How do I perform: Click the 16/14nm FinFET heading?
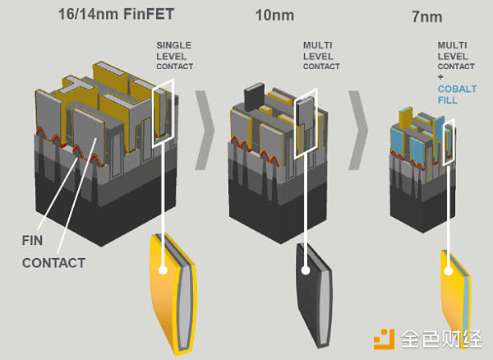pos(116,14)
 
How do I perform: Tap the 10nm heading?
pos(274,15)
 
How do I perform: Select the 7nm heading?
pos(427,16)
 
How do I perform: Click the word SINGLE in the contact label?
pos(174,45)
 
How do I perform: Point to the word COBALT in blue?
pos(457,89)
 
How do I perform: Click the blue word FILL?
pos(448,100)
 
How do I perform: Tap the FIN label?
pos(32,241)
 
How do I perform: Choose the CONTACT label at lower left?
pos(53,263)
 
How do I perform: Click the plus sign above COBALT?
pos(440,77)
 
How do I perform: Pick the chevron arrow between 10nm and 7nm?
pos(359,130)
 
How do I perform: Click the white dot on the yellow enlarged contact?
pos(163,270)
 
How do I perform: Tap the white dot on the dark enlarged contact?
pos(306,270)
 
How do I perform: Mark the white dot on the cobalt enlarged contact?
pos(449,270)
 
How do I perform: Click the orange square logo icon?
pos(384,339)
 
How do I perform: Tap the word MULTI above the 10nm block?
pos(317,45)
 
